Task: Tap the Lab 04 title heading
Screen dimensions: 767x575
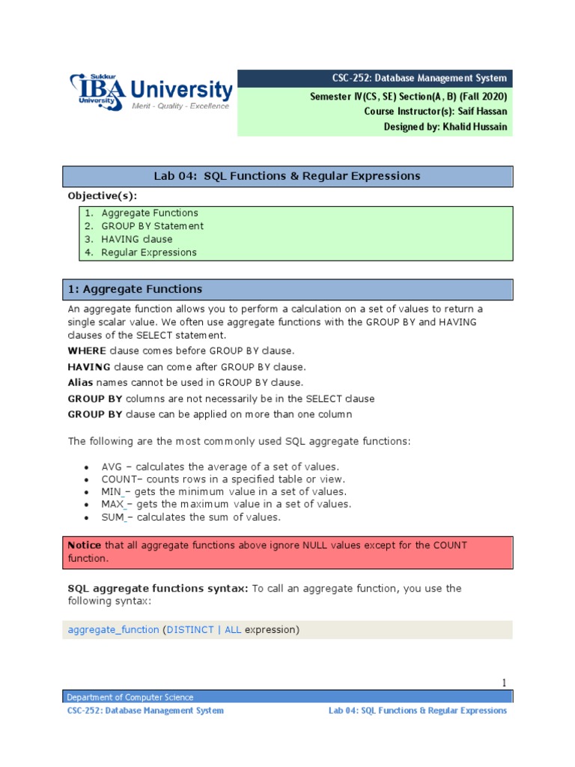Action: click(x=287, y=176)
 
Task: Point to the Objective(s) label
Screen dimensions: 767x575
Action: click(x=103, y=195)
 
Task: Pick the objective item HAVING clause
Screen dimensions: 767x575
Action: click(x=136, y=239)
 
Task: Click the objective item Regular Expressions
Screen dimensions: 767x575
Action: click(x=149, y=252)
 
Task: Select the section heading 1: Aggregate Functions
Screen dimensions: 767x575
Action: click(x=135, y=289)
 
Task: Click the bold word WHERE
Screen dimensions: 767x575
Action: click(x=87, y=351)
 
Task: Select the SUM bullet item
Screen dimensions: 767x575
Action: click(x=191, y=517)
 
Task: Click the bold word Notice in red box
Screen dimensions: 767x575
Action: click(x=85, y=545)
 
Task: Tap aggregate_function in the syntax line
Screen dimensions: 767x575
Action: click(x=113, y=630)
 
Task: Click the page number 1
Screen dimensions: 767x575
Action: click(x=504, y=682)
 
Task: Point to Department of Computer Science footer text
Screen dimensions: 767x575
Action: click(x=130, y=697)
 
